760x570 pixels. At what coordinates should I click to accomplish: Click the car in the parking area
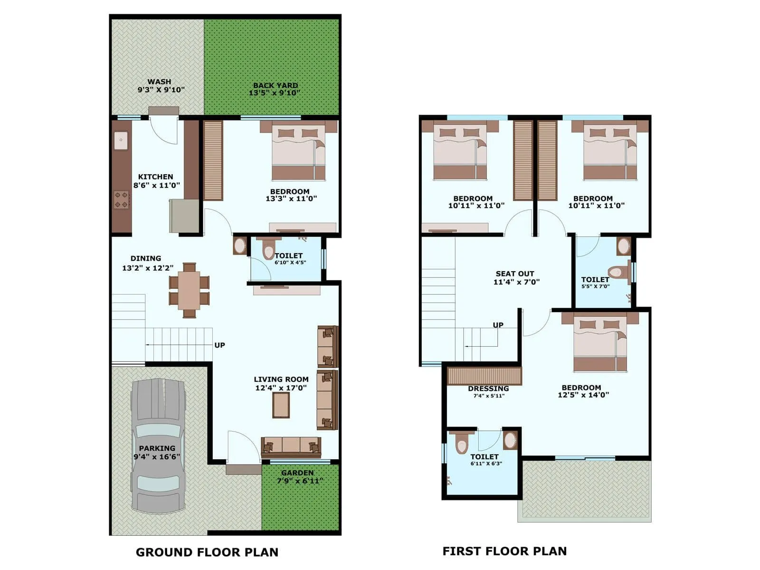coord(158,446)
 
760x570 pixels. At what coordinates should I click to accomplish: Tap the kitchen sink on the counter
coord(121,140)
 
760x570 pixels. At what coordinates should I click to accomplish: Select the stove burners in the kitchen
coord(121,199)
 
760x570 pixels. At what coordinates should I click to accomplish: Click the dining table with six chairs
coord(189,290)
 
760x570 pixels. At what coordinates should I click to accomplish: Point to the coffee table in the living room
coord(281,405)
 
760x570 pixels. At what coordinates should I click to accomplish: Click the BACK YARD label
coord(275,85)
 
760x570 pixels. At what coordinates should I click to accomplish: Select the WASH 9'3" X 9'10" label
coord(161,85)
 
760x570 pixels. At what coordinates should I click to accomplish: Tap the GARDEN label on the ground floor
coord(297,473)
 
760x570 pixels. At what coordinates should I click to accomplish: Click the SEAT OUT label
coord(515,274)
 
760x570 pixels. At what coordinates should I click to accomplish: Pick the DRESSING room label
coord(488,389)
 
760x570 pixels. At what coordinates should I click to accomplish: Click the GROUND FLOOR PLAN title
coord(207,552)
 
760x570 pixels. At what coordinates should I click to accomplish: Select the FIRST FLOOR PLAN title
coord(504,551)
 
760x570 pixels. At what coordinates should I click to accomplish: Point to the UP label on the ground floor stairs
coord(219,345)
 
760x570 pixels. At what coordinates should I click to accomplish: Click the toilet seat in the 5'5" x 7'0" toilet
coord(616,272)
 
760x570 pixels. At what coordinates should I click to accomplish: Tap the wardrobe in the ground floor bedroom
coord(213,160)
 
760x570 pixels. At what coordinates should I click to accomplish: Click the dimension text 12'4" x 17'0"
coord(281,388)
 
